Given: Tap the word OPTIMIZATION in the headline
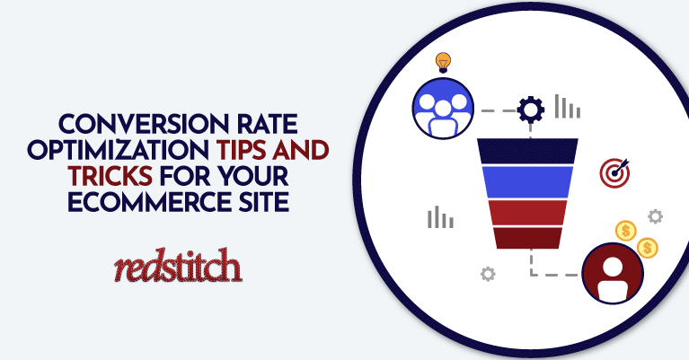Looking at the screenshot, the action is click(x=118, y=150).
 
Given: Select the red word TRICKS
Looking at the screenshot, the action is click(x=110, y=176).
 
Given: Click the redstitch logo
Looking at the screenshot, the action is click(x=178, y=265).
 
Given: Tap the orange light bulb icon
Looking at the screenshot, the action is click(x=443, y=62).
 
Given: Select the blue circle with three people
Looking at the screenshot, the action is click(x=443, y=109).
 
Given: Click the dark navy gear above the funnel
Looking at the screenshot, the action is click(x=530, y=110).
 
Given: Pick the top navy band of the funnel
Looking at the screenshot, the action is click(x=527, y=151).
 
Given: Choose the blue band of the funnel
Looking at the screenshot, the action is click(x=527, y=182).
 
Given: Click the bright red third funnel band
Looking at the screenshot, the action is click(x=527, y=213).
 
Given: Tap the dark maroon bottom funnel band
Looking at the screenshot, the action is click(x=527, y=238).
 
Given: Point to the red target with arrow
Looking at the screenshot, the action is click(x=614, y=173).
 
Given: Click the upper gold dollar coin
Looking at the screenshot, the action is click(x=626, y=231).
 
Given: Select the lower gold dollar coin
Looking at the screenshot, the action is click(x=648, y=248).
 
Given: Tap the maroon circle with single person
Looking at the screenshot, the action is click(x=613, y=273).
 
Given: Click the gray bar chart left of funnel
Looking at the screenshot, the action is click(x=440, y=217).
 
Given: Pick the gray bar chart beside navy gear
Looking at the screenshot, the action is click(x=568, y=106).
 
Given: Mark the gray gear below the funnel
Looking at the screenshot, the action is click(x=488, y=274).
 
